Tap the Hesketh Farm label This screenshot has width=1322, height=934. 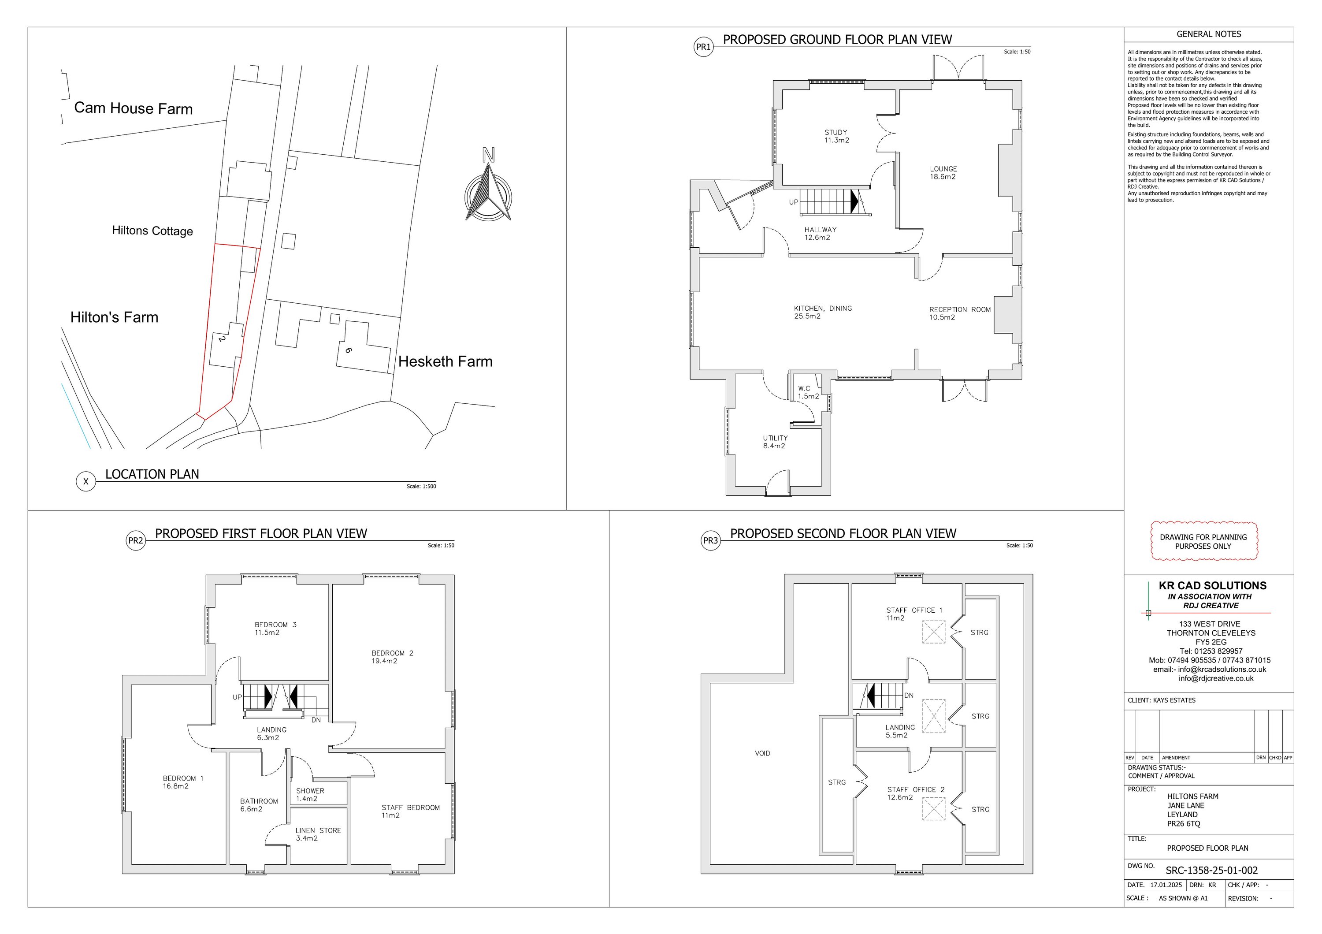(445, 361)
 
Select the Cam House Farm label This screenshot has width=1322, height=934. (134, 108)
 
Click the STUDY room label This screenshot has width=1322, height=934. (836, 132)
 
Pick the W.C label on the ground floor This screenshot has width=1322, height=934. (804, 389)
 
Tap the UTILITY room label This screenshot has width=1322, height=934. (776, 438)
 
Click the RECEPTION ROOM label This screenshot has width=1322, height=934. (960, 310)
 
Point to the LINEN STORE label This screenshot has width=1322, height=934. (319, 831)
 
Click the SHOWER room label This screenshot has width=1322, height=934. (310, 791)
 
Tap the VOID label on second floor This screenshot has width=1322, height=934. (762, 753)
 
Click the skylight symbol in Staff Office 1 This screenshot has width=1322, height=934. (934, 632)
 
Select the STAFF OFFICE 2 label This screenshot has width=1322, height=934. (916, 789)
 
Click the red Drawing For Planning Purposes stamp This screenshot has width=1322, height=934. (1204, 541)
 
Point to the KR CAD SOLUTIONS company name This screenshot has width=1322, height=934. (1213, 586)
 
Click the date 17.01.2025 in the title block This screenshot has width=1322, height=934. (1166, 885)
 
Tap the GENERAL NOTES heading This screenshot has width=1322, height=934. (1209, 34)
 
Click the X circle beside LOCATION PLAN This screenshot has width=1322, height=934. (86, 481)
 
